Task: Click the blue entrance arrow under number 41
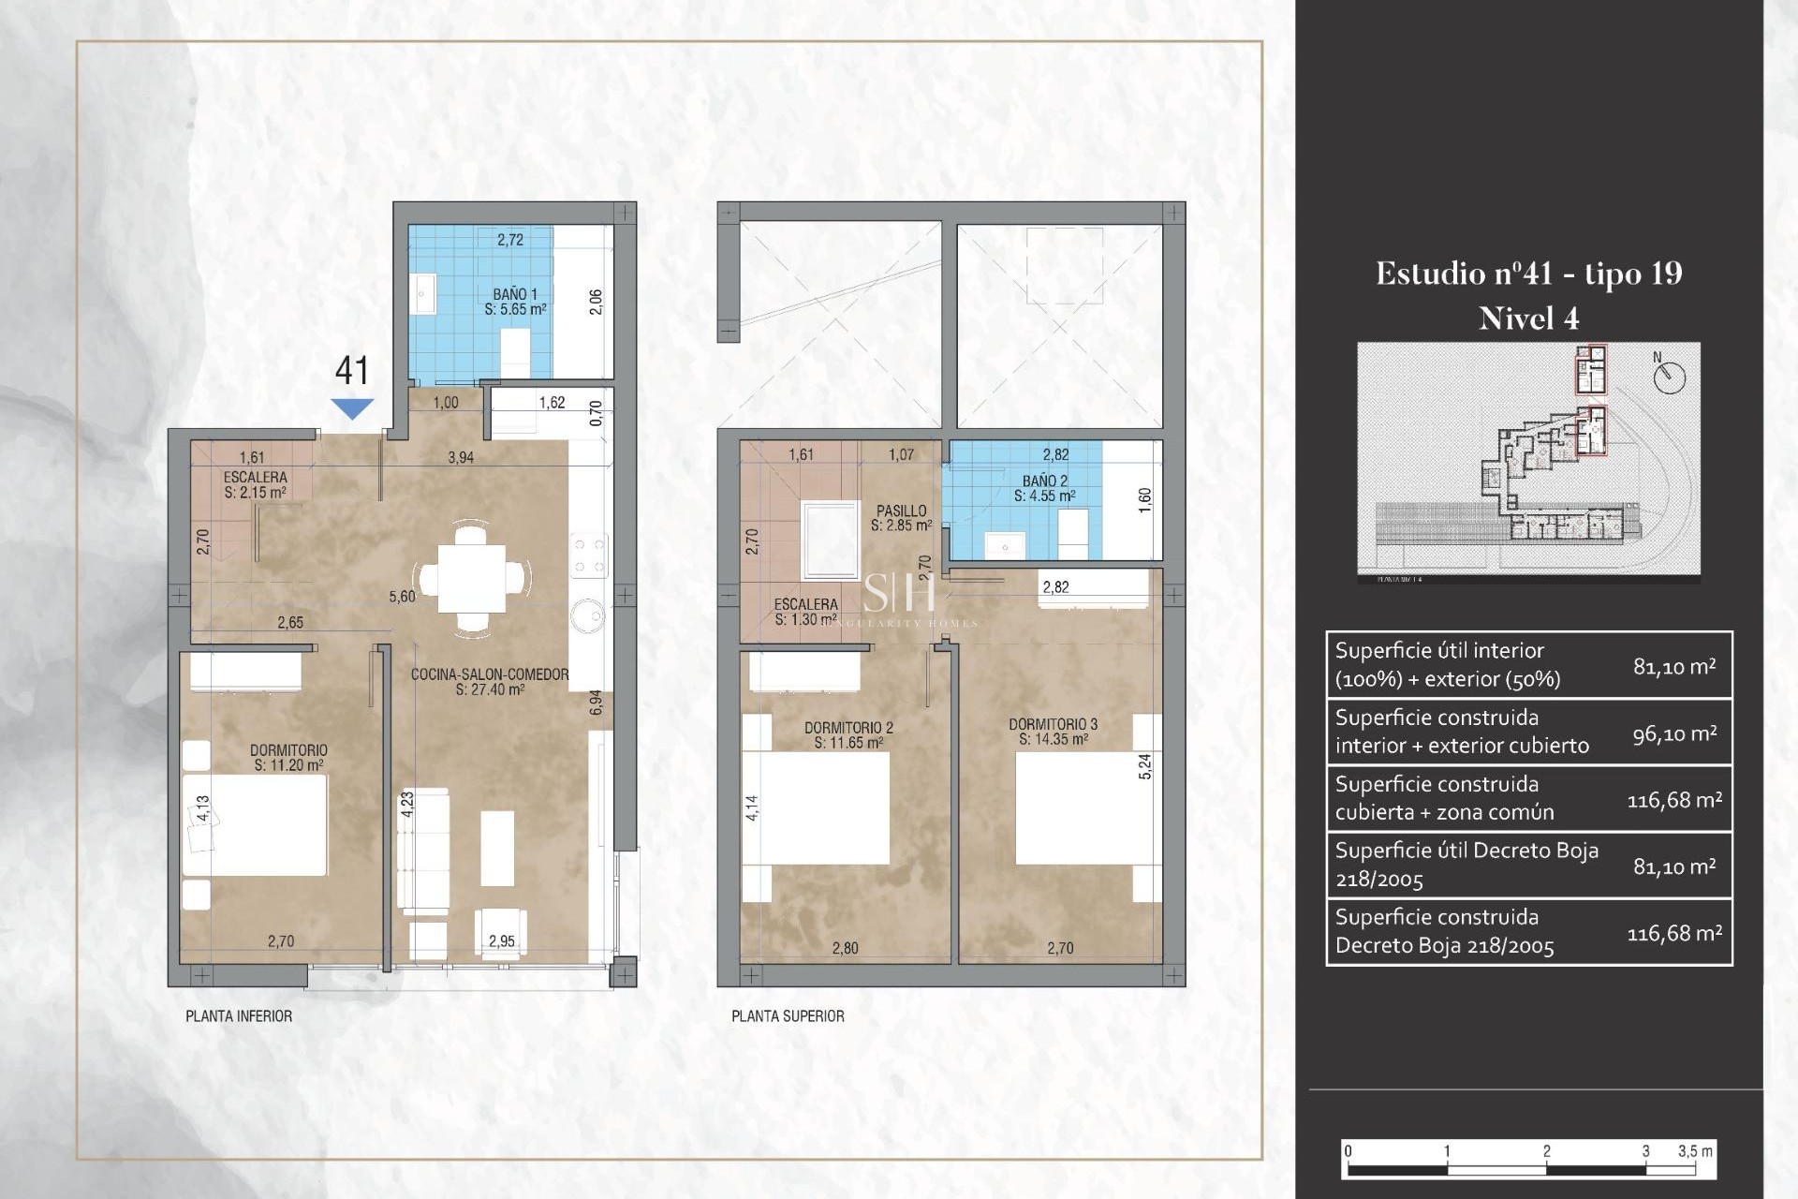pos(352,408)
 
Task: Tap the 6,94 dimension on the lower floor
pos(596,703)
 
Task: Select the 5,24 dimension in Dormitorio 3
pos(1144,766)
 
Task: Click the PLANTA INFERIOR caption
pos(239,1016)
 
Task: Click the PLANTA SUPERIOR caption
pos(788,1016)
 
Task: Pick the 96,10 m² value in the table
pos(1674,733)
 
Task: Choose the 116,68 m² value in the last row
pos(1674,933)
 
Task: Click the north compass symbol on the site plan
pos(1669,377)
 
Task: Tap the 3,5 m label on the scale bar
pos(1695,1151)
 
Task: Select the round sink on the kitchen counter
pos(590,615)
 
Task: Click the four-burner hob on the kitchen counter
pos(590,555)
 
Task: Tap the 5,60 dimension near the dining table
pos(402,597)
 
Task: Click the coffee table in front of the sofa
pos(497,848)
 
